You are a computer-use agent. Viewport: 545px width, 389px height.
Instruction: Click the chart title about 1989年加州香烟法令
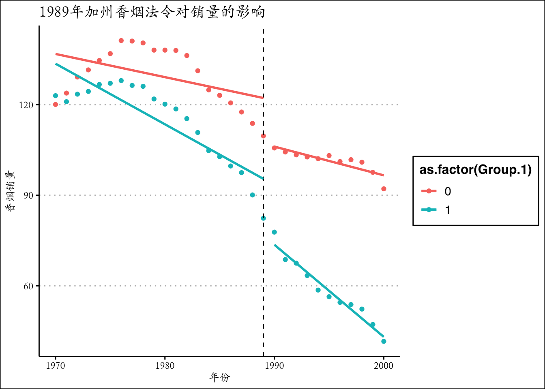tap(152, 12)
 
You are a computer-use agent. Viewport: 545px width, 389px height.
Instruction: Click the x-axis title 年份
tap(219, 378)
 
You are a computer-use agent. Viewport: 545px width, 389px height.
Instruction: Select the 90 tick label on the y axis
tap(28, 195)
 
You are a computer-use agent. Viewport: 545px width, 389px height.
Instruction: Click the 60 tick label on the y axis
tap(28, 286)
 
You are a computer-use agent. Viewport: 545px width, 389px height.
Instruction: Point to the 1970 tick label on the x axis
tap(56, 366)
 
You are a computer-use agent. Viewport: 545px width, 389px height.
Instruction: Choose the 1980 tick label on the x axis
tap(165, 366)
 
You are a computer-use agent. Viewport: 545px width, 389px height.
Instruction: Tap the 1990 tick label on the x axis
tap(274, 366)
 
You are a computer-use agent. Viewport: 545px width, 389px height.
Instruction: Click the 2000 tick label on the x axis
tap(384, 366)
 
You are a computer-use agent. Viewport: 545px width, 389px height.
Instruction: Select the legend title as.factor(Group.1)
tap(475, 170)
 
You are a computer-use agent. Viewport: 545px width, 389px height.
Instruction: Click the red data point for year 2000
tap(384, 189)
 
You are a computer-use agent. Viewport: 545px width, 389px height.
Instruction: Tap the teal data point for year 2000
tap(384, 341)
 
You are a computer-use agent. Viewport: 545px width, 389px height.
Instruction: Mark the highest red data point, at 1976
tap(121, 41)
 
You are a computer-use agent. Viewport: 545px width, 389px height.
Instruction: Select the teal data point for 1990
tap(274, 232)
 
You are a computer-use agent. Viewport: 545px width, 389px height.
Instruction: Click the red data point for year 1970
tap(56, 105)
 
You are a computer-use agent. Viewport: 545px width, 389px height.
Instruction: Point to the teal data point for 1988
tap(252, 195)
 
